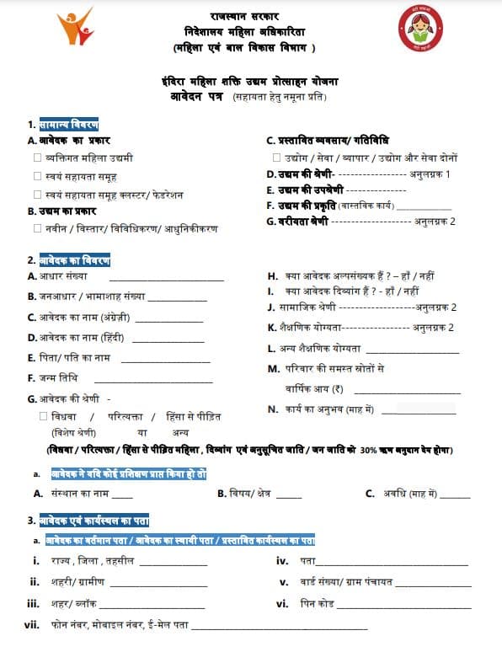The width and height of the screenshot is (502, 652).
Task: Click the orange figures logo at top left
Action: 75,31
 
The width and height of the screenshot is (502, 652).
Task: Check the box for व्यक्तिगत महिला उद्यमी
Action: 38,158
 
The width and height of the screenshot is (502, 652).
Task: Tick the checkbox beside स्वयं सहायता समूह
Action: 38,176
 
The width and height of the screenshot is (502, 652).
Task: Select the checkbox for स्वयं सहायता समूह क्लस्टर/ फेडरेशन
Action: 38,194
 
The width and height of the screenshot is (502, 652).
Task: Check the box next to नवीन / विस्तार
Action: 38,228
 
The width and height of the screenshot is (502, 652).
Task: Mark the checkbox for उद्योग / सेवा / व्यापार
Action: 277,158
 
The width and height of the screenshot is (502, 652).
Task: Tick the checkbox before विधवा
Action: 43,416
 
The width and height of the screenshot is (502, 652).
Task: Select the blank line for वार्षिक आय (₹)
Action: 408,393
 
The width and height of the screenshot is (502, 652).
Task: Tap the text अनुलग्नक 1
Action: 430,174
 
